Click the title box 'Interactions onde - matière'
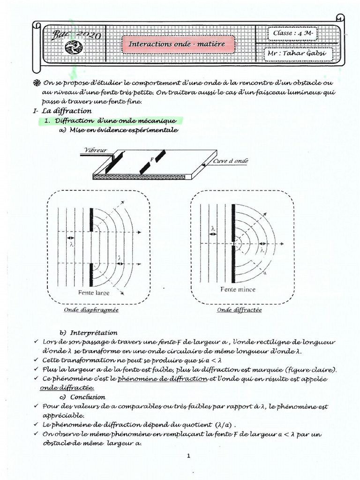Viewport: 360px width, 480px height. pos(177,44)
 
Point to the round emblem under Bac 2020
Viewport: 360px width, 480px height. pos(73,47)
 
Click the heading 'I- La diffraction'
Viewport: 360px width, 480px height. pos(60,111)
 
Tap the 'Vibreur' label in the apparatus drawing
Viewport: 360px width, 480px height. pos(95,150)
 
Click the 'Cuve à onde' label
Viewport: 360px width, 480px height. pos(231,161)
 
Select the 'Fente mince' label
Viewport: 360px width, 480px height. pos(238,290)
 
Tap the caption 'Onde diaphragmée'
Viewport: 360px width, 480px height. pos(91,310)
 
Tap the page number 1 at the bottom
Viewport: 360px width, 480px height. pos(188,456)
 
